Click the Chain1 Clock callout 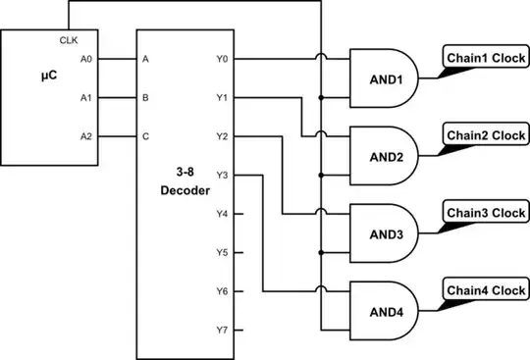486,56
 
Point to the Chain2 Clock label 486,134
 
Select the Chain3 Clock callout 486,213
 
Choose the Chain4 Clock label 486,290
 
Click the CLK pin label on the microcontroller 69,40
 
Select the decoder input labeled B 145,97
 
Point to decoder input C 145,136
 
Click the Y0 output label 222,59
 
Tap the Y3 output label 222,175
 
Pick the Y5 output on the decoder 222,252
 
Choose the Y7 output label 222,330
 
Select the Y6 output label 222,291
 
